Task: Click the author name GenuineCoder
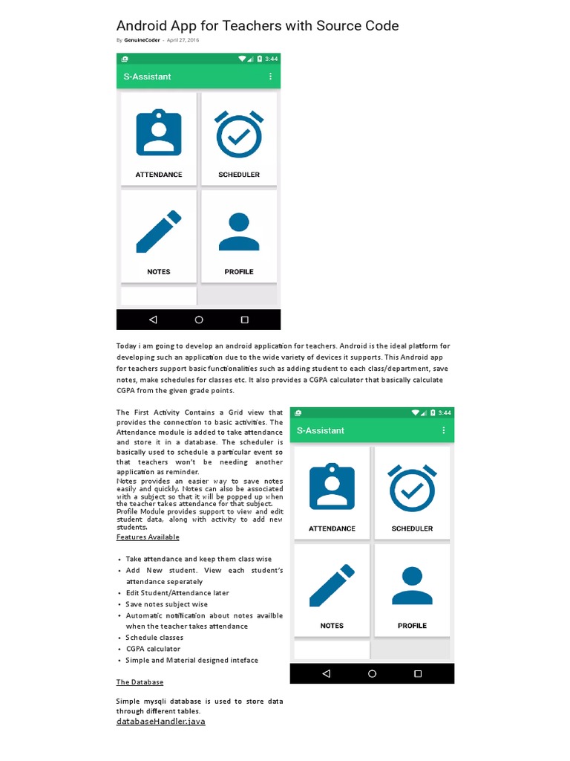142,40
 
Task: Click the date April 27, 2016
183,40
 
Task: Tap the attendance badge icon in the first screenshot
158,134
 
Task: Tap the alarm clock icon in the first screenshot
239,135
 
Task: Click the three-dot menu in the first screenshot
270,77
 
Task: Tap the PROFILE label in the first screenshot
239,272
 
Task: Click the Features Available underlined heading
148,537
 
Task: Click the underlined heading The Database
140,681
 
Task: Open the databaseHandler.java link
160,722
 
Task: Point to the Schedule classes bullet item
154,638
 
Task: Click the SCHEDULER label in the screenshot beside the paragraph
412,529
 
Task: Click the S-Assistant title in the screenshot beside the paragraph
321,430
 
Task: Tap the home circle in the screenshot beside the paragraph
372,673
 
